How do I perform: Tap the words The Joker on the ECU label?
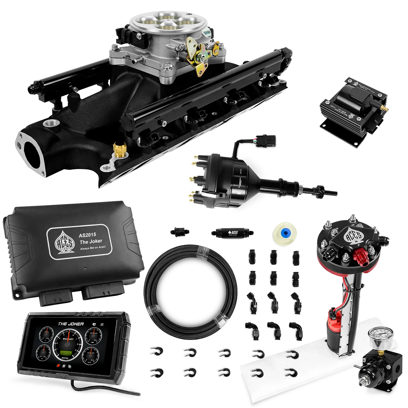pyautogui.click(x=91, y=241)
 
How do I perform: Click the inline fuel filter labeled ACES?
pyautogui.click(x=231, y=233)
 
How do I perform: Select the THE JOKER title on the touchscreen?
pyautogui.click(x=71, y=324)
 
